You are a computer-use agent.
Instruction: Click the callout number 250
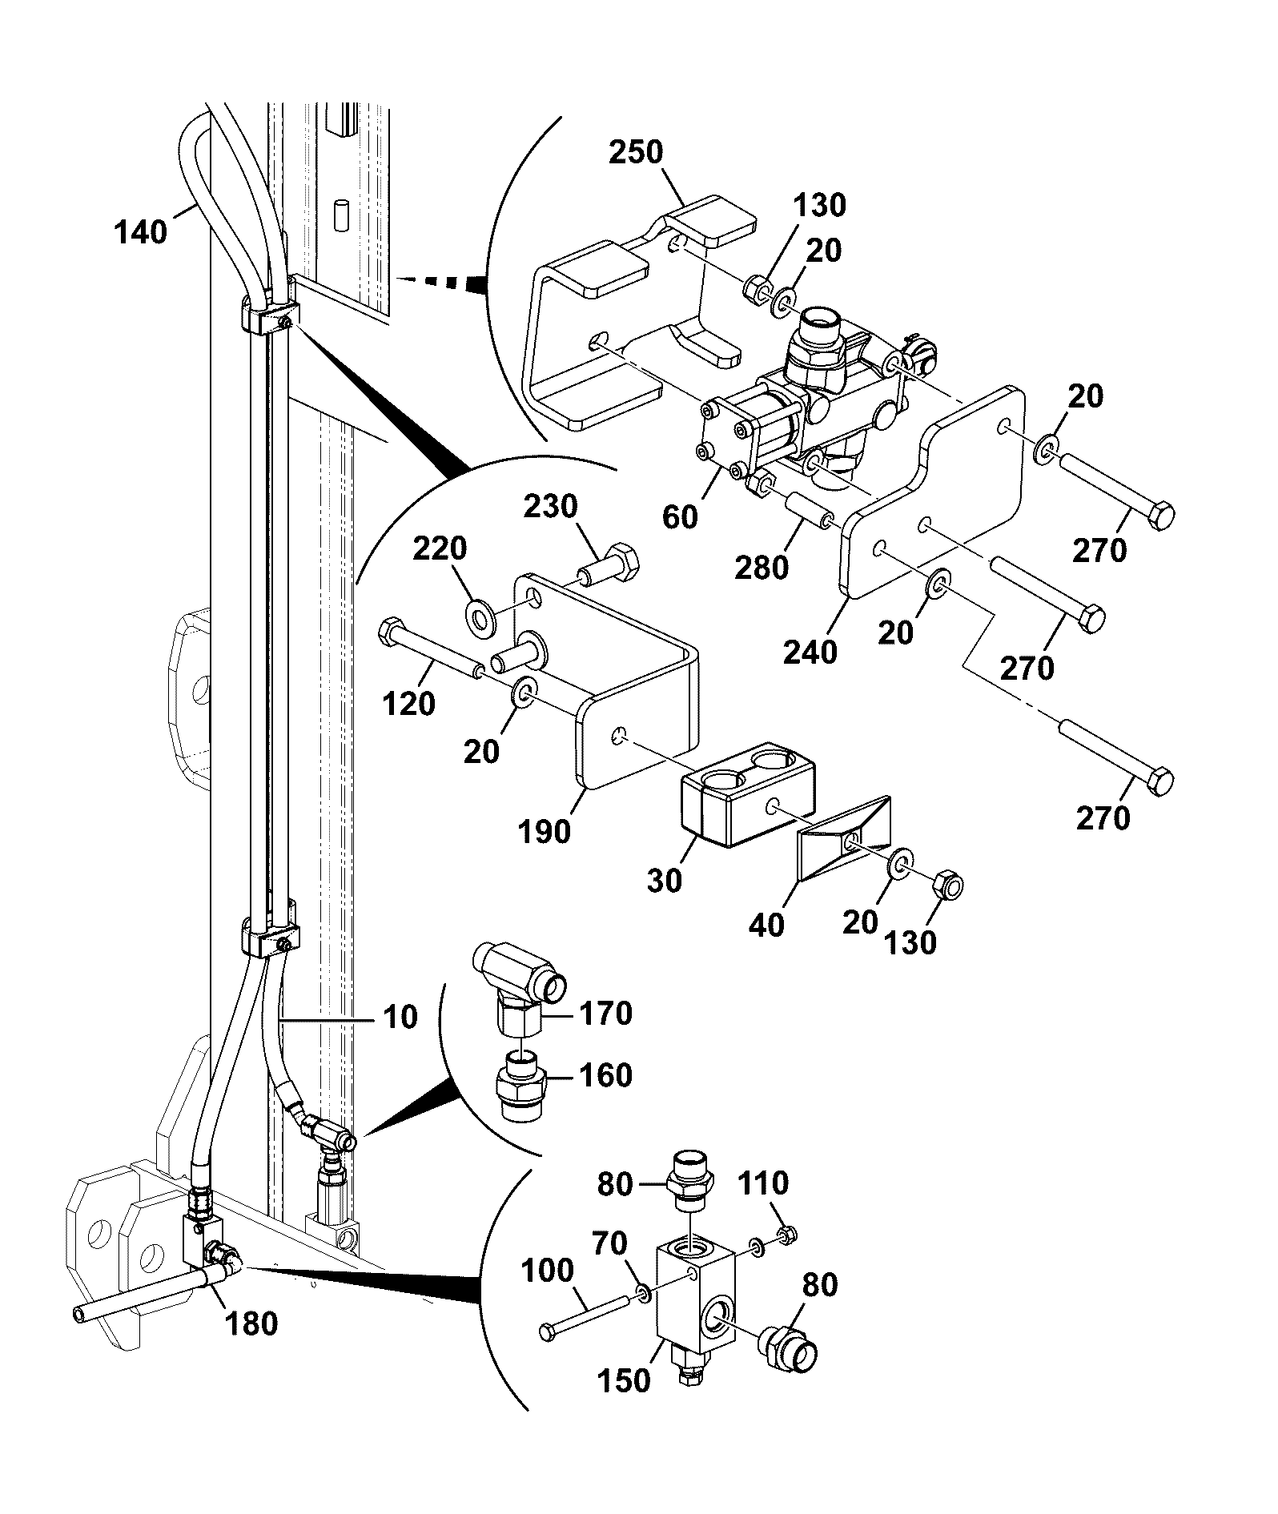coord(637,152)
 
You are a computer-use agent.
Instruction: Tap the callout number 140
coord(141,233)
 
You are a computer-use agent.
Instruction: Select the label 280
coord(762,568)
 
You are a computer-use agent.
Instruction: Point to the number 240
coord(810,653)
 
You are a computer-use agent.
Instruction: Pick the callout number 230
coord(551,508)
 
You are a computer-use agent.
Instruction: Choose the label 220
coord(440,550)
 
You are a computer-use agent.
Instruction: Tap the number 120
coord(409,704)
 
